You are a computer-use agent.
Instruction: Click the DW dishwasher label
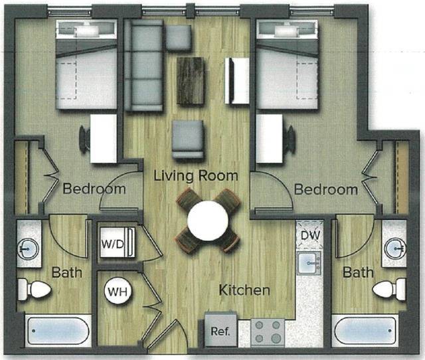pyautogui.click(x=309, y=234)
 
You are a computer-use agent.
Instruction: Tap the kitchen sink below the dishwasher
pyautogui.click(x=309, y=264)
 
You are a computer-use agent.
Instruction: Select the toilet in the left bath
pyautogui.click(x=34, y=289)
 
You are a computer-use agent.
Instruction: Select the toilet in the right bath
pyautogui.click(x=389, y=290)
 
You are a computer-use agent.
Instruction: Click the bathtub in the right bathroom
pyautogui.click(x=365, y=330)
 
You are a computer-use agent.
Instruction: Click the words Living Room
pyautogui.click(x=195, y=176)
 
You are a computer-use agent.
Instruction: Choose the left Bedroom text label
pyautogui.click(x=94, y=189)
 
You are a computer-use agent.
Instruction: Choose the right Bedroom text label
pyautogui.click(x=325, y=189)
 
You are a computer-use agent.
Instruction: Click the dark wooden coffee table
pyautogui.click(x=191, y=80)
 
